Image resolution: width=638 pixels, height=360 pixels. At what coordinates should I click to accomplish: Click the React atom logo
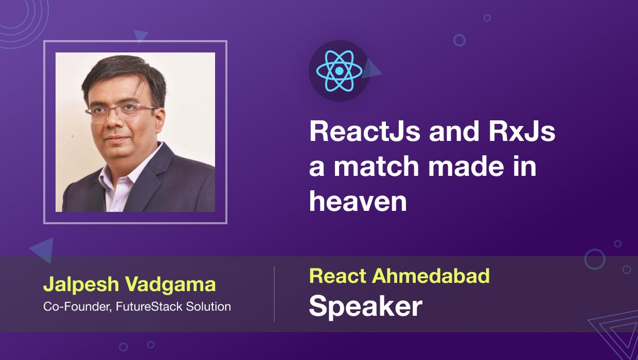point(339,70)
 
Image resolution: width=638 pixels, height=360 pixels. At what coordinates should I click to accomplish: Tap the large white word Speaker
point(365,306)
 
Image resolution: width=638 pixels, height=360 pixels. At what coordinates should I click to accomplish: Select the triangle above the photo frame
point(140,35)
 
